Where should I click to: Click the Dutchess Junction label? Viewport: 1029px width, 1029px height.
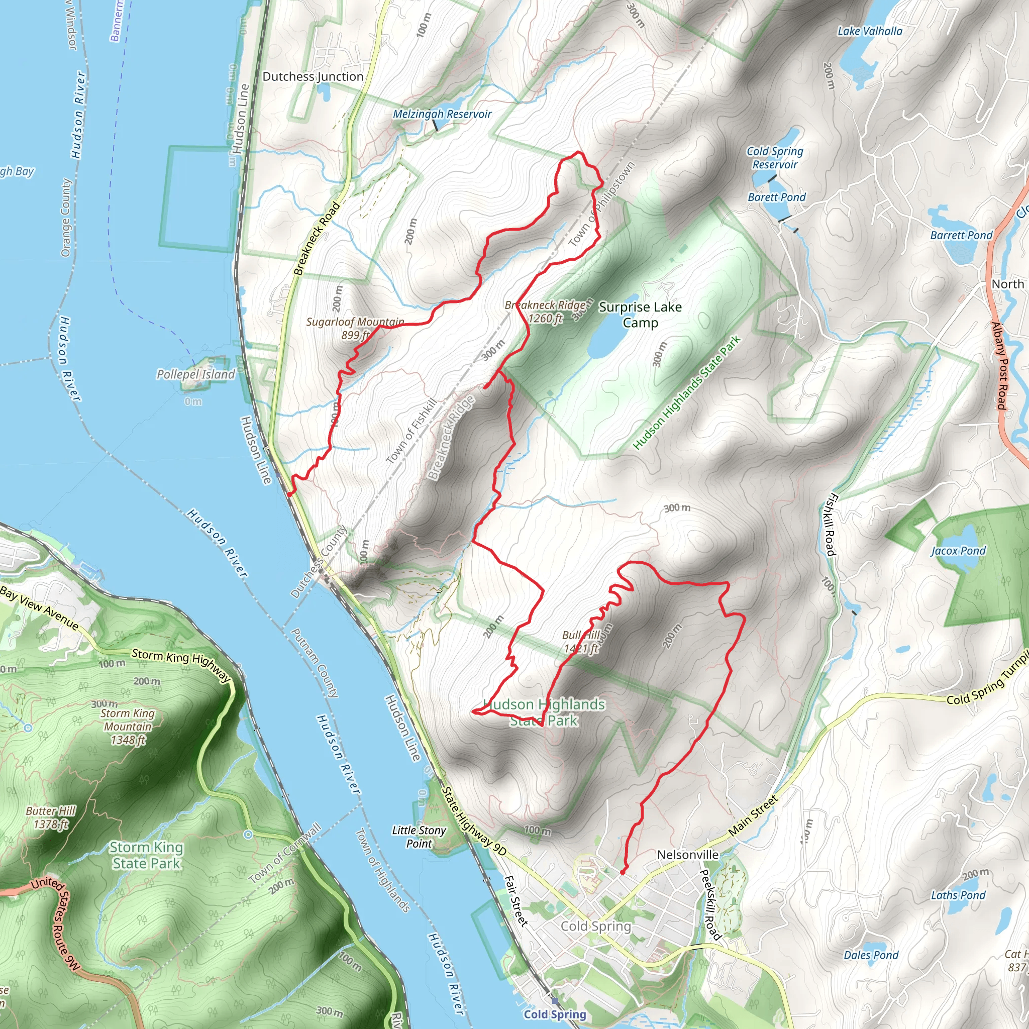click(x=313, y=77)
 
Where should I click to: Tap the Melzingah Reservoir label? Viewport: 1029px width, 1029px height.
click(x=442, y=114)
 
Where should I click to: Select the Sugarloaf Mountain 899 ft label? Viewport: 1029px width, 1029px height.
click(x=355, y=329)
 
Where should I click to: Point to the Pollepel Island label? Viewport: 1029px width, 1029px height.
click(x=195, y=374)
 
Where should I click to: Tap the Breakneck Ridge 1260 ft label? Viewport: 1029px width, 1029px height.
click(x=545, y=312)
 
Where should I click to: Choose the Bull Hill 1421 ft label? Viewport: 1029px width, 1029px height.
click(x=581, y=642)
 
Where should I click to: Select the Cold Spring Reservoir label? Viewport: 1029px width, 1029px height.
click(x=774, y=158)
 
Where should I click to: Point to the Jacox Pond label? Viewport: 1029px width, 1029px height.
click(x=958, y=551)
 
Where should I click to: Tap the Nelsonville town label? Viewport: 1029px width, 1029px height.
click(x=688, y=855)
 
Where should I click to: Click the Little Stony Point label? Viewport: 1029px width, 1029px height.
click(x=419, y=837)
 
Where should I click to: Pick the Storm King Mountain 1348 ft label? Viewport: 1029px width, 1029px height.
click(x=128, y=727)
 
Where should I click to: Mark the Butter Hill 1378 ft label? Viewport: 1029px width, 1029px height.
click(x=51, y=817)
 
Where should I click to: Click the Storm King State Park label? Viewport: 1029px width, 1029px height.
click(x=147, y=855)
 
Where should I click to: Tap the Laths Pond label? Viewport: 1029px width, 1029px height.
click(x=958, y=895)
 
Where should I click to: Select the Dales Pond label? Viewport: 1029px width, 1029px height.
click(x=871, y=955)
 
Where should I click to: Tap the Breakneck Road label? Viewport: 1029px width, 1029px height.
click(x=317, y=238)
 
